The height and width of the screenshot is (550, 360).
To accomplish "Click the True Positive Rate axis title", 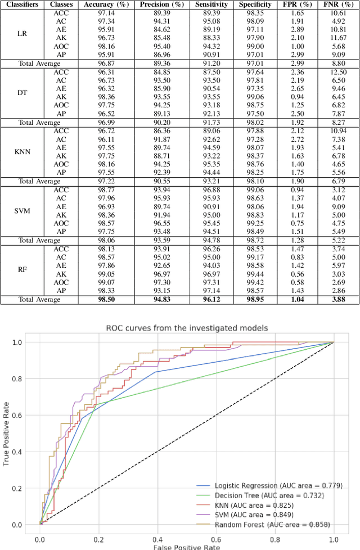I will point(7,433).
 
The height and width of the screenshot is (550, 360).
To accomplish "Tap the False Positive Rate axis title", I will point(186,546).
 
